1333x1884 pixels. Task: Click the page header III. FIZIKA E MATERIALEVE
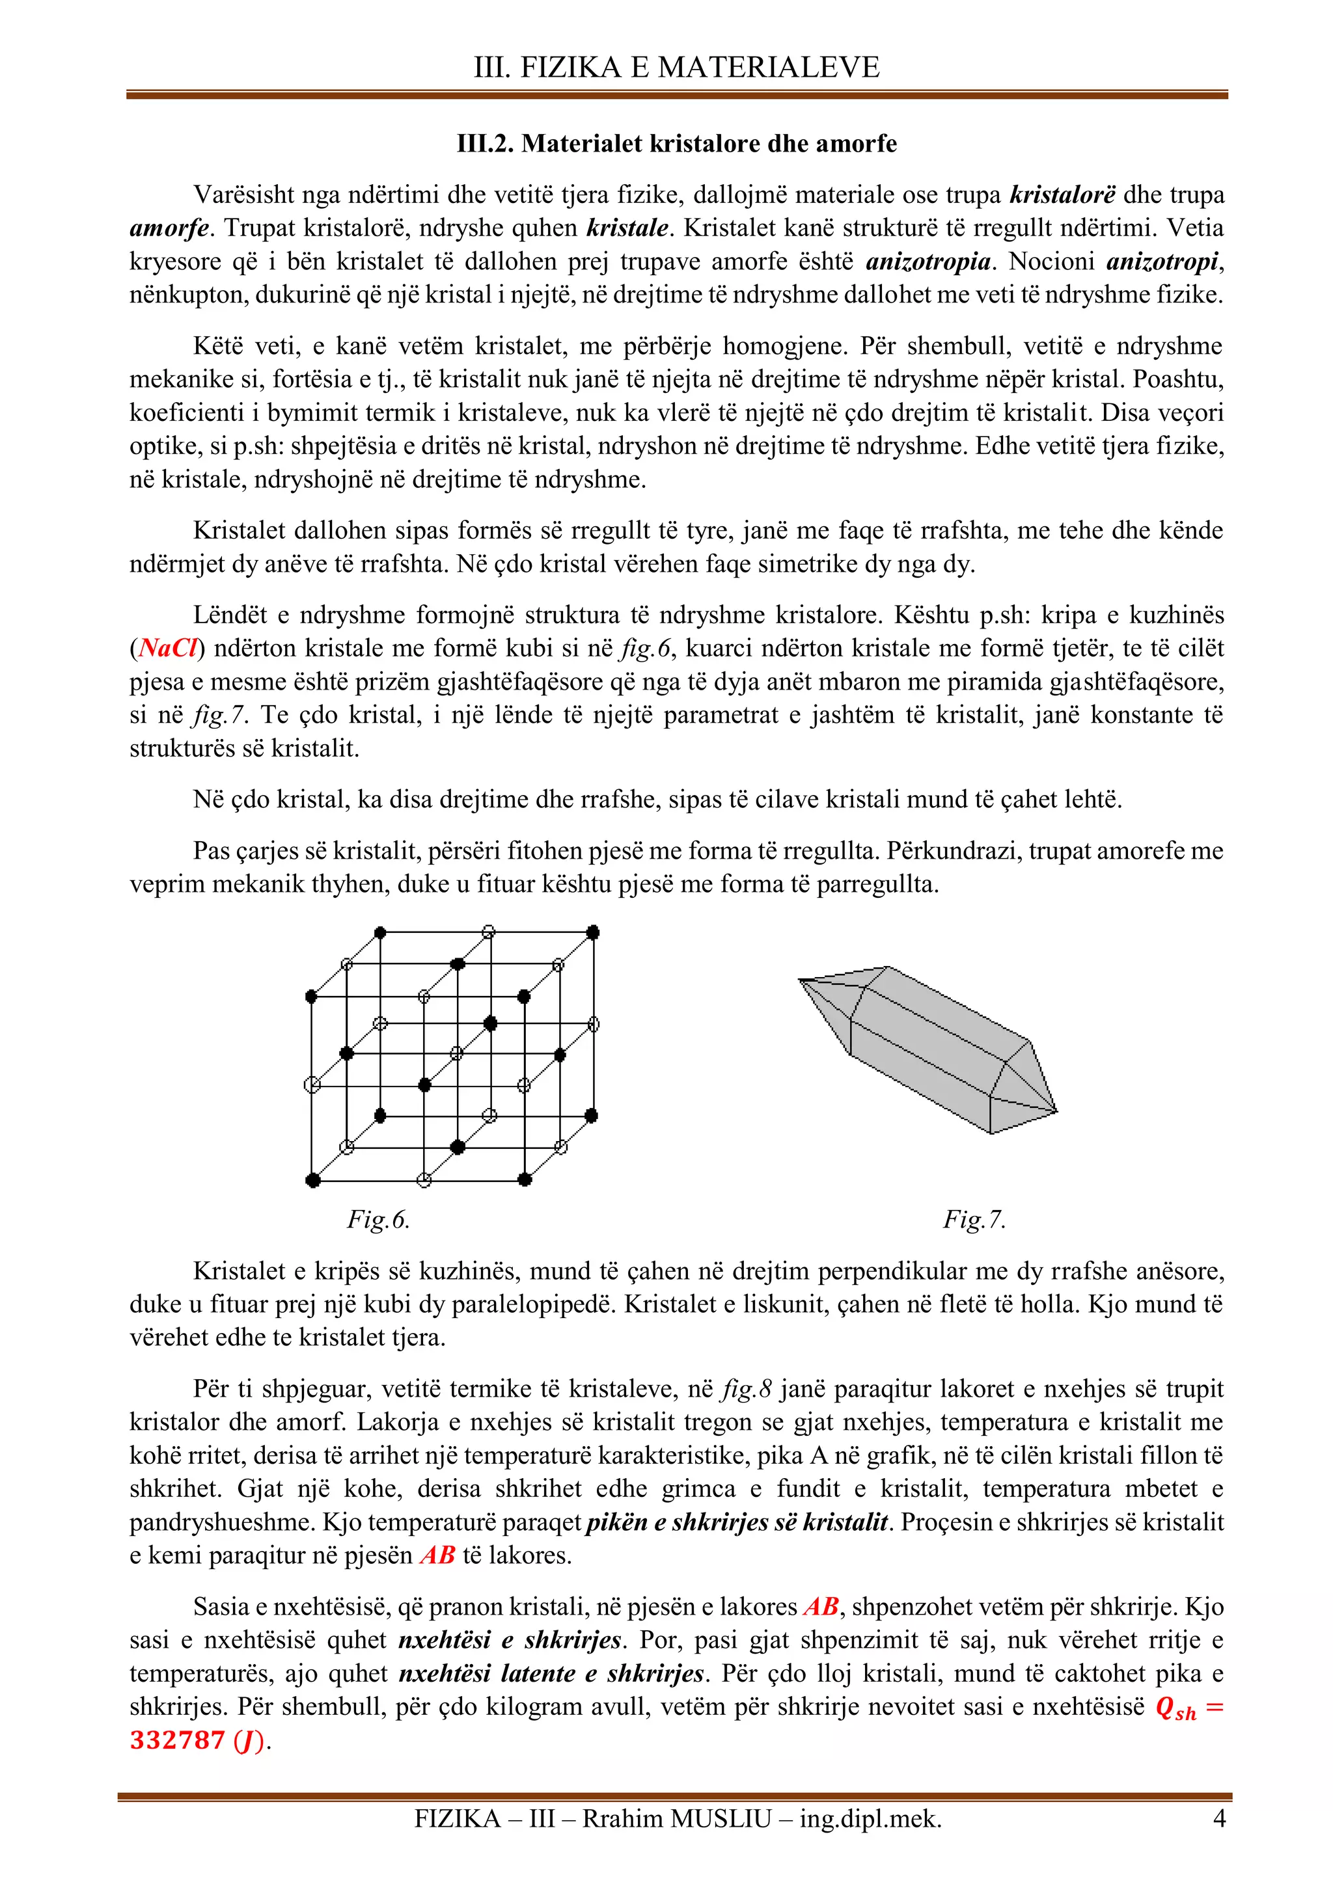pyautogui.click(x=676, y=67)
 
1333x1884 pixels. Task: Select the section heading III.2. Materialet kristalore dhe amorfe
pyautogui.click(x=676, y=144)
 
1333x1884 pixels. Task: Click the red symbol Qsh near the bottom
pyautogui.click(x=1175, y=1708)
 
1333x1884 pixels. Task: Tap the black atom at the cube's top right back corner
pyautogui.click(x=594, y=932)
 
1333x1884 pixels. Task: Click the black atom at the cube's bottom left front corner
pyautogui.click(x=312, y=1180)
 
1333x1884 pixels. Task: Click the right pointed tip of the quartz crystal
pyautogui.click(x=1056, y=1112)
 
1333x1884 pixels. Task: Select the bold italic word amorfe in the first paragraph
pyautogui.click(x=169, y=228)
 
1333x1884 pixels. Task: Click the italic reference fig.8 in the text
pyautogui.click(x=747, y=1388)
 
